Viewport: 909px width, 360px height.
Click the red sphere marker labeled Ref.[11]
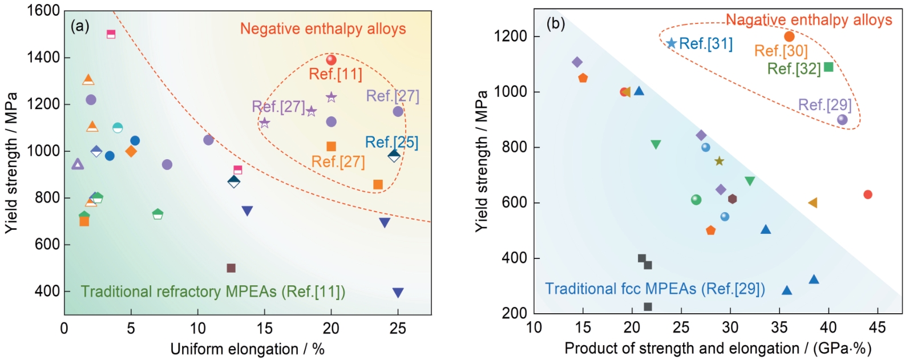331,60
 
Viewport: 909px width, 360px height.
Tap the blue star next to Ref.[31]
672,43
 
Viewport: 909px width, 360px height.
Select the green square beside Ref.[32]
829,67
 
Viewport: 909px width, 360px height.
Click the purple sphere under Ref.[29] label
842,120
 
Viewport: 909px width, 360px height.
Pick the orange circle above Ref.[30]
789,37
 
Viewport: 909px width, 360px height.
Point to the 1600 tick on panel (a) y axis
43,11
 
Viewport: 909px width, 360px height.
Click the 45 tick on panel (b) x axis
877,327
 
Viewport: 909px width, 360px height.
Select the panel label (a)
80,26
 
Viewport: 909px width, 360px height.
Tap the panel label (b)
556,24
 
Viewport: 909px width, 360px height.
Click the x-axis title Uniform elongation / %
247,349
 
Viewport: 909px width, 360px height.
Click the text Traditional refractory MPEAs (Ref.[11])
213,292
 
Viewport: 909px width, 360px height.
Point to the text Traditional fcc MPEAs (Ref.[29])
655,289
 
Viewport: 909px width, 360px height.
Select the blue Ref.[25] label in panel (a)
391,142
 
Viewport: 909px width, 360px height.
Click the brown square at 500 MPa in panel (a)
231,268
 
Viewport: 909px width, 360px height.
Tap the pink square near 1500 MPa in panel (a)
111,34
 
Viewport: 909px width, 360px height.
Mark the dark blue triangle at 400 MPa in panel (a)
398,293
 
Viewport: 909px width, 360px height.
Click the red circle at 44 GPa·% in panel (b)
868,195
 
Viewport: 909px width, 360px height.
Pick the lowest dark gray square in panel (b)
648,307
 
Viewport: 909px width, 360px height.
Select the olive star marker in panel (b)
719,161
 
